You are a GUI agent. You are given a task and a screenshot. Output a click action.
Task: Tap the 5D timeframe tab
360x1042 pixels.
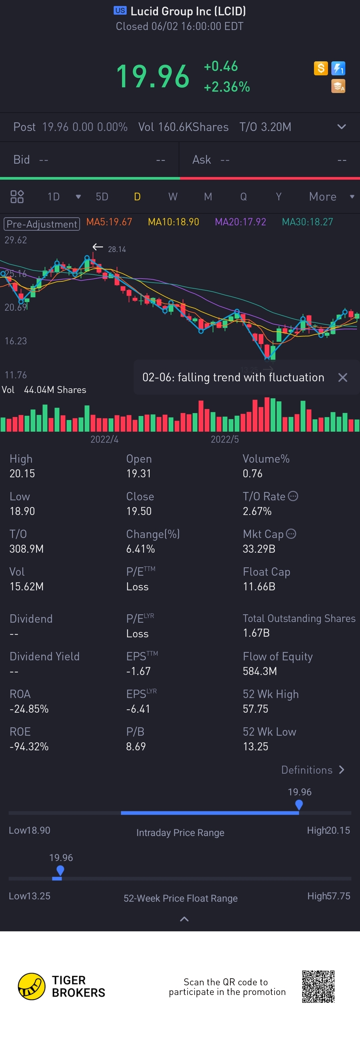pos(102,197)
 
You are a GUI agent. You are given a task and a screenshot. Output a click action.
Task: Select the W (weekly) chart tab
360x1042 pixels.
pos(173,197)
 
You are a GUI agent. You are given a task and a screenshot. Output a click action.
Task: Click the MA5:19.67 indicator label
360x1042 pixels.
pos(109,222)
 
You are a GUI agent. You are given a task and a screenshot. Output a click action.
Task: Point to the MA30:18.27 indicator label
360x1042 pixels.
pos(307,222)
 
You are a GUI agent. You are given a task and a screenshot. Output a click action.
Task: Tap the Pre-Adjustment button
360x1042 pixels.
pos(42,224)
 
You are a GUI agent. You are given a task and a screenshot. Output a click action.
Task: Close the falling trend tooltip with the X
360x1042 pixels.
pos(343,377)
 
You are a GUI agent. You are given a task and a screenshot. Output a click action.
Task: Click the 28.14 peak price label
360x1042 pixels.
pos(117,250)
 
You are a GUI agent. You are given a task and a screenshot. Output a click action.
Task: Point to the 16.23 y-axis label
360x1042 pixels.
pos(16,341)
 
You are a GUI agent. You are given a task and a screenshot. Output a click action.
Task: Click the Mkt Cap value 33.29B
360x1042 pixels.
pos(259,549)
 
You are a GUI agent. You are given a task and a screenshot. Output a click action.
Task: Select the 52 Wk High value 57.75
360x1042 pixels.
pos(255,709)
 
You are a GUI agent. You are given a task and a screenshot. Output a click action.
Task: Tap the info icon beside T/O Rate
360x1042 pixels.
pos(293,496)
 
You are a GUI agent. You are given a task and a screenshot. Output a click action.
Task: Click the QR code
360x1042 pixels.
pos(318,986)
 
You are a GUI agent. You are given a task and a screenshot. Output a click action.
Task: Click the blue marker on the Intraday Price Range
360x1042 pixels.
pos(299,805)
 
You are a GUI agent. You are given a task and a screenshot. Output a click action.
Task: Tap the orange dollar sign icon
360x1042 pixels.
pos(321,68)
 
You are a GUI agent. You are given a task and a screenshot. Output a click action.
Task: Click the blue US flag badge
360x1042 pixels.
pos(120,11)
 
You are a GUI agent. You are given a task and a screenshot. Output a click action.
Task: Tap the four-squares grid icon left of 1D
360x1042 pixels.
pos(17,197)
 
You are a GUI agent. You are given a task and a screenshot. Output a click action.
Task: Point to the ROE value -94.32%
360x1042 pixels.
pos(29,746)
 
